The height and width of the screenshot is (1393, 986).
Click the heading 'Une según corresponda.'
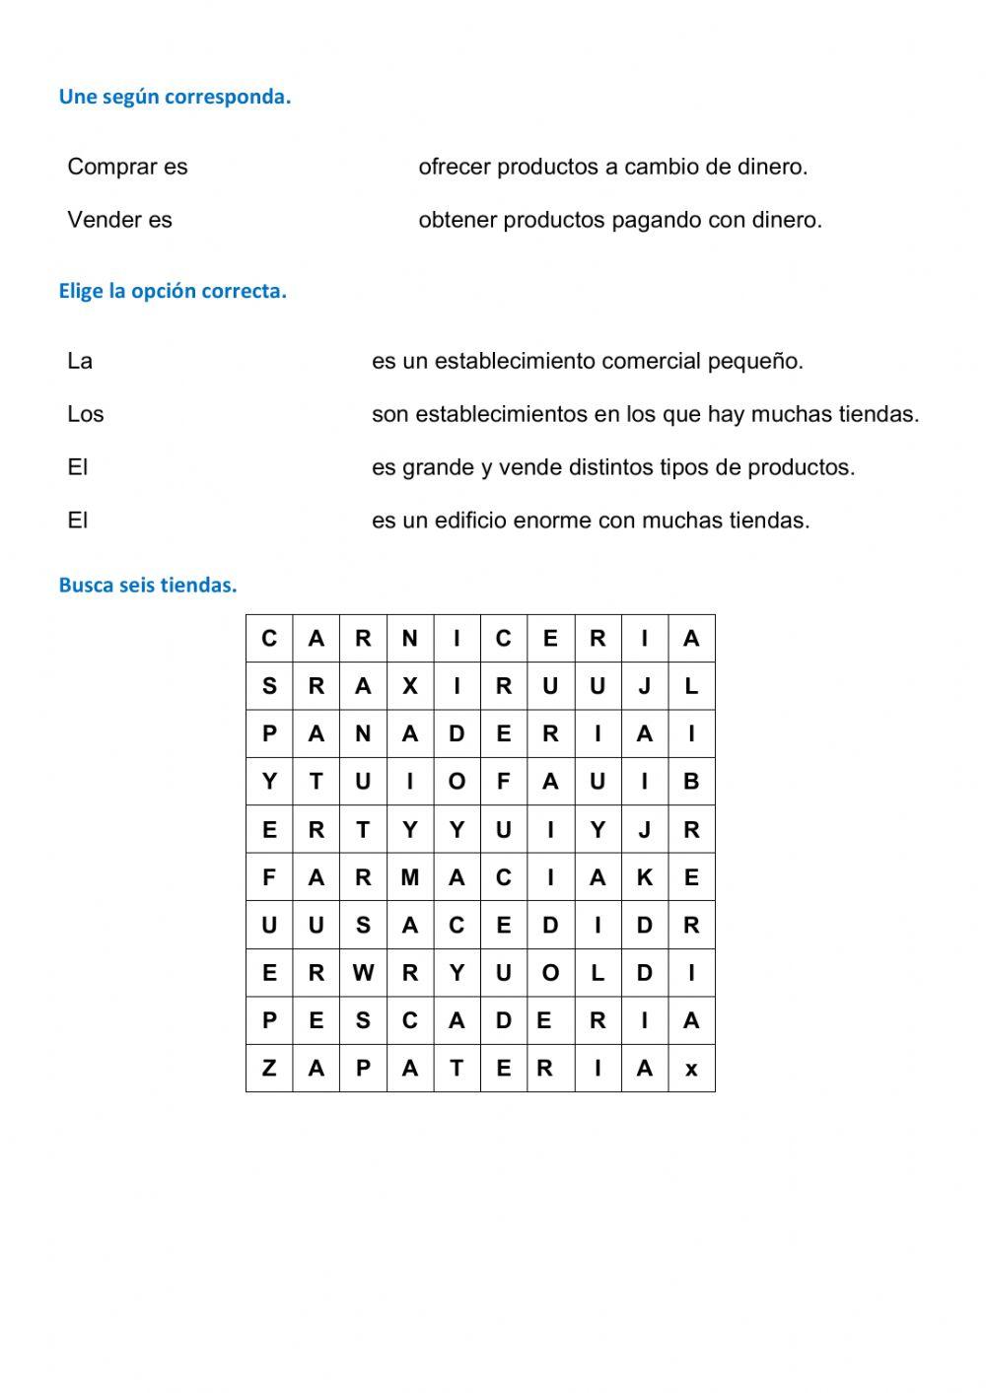(175, 97)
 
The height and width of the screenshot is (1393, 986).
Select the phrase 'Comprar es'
(127, 167)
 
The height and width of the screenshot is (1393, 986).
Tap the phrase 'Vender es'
(119, 220)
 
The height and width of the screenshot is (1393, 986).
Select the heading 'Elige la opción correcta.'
(173, 291)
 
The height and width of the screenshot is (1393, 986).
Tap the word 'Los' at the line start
(85, 414)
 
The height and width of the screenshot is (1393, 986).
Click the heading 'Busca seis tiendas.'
(148, 585)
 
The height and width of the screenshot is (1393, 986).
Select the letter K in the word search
(644, 877)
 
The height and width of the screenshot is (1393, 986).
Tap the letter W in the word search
(363, 973)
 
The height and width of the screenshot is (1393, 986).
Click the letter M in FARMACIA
(410, 877)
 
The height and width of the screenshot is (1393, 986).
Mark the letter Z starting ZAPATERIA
(269, 1069)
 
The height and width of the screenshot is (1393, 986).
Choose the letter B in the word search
(691, 782)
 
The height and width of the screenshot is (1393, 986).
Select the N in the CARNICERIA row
(410, 639)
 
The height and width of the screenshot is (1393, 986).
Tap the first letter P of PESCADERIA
(269, 1021)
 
